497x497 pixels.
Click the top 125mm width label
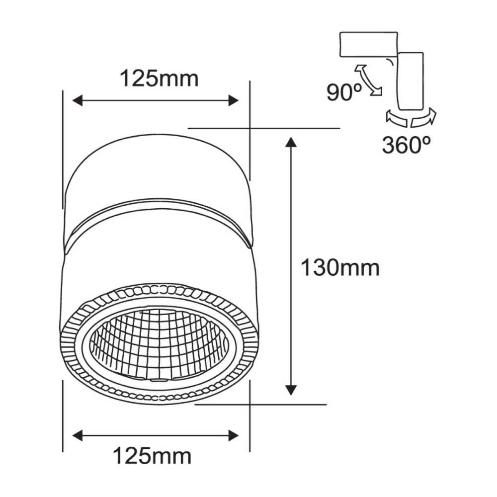coord(159,78)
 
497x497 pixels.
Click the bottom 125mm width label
coord(152,455)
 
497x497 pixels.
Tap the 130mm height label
coord(340,268)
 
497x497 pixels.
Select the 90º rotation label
coord(342,92)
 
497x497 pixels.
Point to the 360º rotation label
coord(406,145)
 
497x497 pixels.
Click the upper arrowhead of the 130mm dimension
coord(291,143)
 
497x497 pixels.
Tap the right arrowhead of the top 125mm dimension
coord(233,101)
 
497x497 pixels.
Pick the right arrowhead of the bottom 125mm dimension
coord(233,436)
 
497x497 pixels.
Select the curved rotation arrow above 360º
coord(411,118)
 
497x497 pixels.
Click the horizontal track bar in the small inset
coord(368,44)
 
